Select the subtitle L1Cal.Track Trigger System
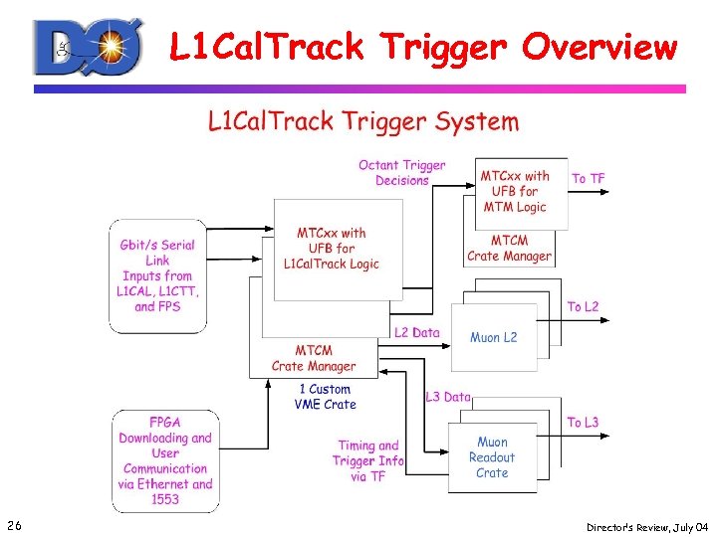point(362,122)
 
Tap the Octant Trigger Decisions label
point(402,173)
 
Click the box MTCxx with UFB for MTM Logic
point(515,191)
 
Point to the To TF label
point(588,178)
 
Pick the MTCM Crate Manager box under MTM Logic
point(509,249)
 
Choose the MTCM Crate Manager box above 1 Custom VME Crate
point(314,358)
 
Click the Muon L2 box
point(494,338)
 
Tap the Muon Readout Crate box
point(492,457)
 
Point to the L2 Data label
point(416,332)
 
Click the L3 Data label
point(447,397)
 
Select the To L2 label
point(583,307)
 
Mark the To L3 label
point(583,423)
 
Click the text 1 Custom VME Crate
point(325,397)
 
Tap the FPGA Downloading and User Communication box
point(165,460)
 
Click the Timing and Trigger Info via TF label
point(368,460)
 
